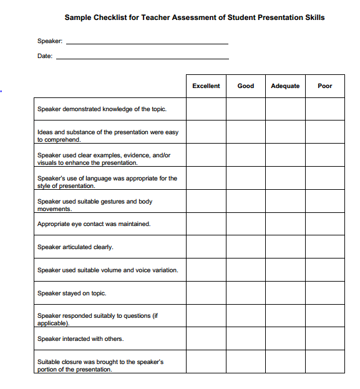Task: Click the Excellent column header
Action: [x=206, y=86]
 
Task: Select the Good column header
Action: [x=246, y=86]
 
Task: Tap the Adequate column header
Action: [x=285, y=86]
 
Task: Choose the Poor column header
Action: [x=325, y=86]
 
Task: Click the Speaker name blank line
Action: [x=147, y=42]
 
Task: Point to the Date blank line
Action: [x=142, y=57]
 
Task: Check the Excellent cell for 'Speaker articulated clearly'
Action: [x=206, y=247]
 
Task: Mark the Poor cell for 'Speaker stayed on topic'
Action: [x=325, y=293]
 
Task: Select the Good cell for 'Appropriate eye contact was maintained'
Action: [x=246, y=224]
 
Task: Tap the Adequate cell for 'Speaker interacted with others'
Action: [x=285, y=339]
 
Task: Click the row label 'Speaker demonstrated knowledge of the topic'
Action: [x=102, y=109]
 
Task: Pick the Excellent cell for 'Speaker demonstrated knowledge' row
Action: [x=206, y=109]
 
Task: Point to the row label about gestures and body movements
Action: [x=95, y=205]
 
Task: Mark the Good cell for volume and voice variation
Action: [x=246, y=270]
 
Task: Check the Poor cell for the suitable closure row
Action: [x=325, y=362]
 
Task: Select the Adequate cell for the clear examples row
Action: [x=285, y=155]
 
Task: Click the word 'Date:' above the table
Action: [x=45, y=56]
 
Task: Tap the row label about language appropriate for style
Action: [x=107, y=182]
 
